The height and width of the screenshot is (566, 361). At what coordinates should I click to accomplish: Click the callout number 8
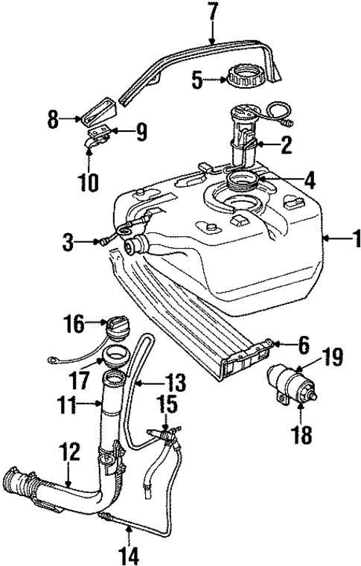54,119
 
